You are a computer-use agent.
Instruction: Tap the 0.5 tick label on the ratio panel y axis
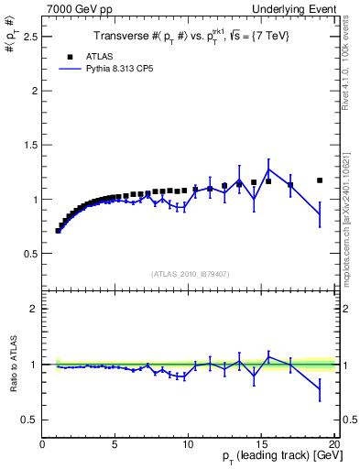[29, 420]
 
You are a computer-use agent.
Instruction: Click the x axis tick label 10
[188, 444]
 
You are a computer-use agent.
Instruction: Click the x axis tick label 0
[43, 444]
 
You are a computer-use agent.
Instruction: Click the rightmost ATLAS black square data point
[320, 180]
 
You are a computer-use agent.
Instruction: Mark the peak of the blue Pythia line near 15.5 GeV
[268, 169]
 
